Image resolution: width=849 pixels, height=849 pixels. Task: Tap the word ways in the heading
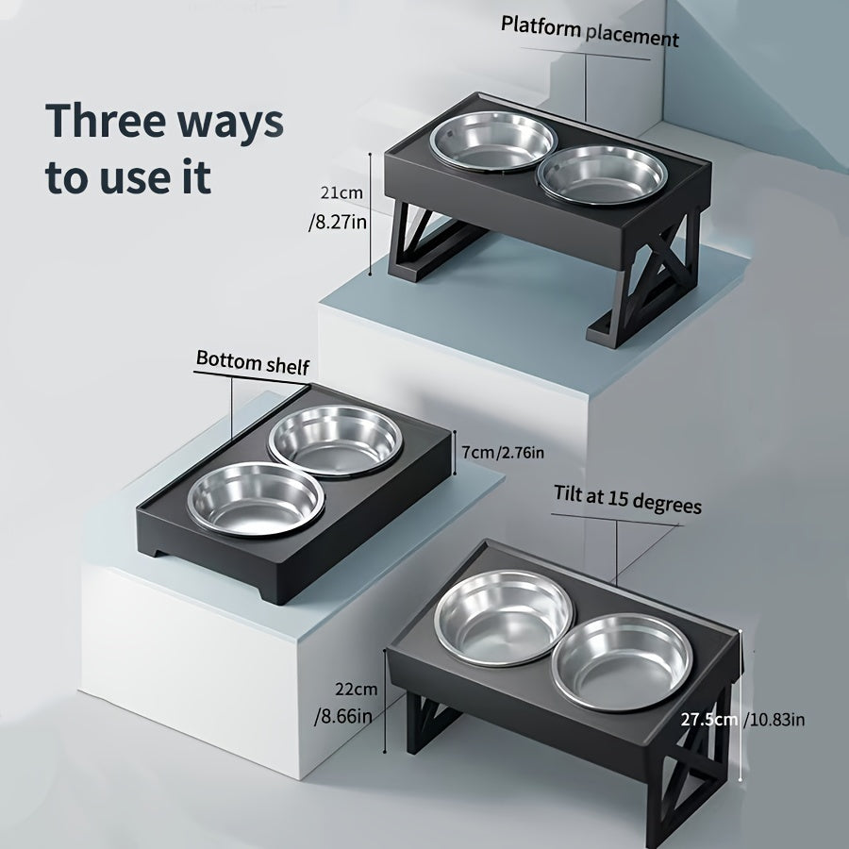(x=231, y=125)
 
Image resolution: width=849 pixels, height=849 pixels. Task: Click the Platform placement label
(x=589, y=32)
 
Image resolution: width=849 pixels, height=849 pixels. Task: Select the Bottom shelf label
(x=252, y=361)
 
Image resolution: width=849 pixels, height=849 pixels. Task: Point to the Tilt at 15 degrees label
(x=627, y=499)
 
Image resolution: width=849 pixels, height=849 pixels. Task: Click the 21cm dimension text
(x=341, y=192)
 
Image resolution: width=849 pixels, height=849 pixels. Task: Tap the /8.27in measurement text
(x=338, y=222)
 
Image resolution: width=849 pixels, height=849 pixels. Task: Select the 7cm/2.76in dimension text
(x=503, y=452)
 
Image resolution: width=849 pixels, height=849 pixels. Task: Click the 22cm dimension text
(x=357, y=690)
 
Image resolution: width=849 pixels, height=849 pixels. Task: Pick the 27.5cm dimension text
(x=708, y=720)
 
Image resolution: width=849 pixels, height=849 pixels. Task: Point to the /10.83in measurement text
(x=774, y=720)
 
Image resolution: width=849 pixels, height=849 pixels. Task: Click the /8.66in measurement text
(x=343, y=717)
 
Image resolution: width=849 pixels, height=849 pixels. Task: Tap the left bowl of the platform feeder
(x=492, y=141)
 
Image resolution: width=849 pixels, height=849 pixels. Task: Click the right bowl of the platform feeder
(x=602, y=175)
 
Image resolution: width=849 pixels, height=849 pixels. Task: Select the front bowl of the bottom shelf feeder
(x=256, y=499)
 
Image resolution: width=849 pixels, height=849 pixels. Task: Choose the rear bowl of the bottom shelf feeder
(x=335, y=441)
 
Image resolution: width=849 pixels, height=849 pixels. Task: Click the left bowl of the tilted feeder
(x=503, y=617)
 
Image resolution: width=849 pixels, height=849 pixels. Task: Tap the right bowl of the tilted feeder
(x=623, y=661)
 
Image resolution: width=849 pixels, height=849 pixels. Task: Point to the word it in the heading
(x=196, y=176)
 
